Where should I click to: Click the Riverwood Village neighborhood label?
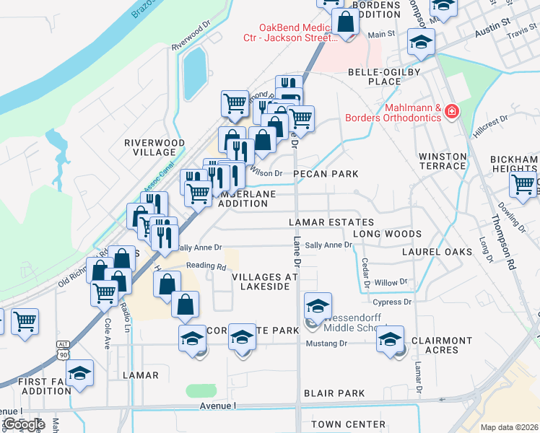pos(154,147)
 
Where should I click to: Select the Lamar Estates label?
pos(331,222)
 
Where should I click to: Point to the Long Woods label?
pos(387,234)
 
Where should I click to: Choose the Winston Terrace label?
pos(443,161)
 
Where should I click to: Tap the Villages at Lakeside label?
pos(265,281)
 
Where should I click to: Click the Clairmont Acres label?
pos(442,345)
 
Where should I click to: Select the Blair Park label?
pos(334,393)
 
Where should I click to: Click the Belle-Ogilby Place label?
pos(384,76)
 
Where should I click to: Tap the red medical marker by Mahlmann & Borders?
pos(452,111)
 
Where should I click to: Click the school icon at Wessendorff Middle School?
pos(318,305)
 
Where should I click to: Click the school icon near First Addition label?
pos(80,373)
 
